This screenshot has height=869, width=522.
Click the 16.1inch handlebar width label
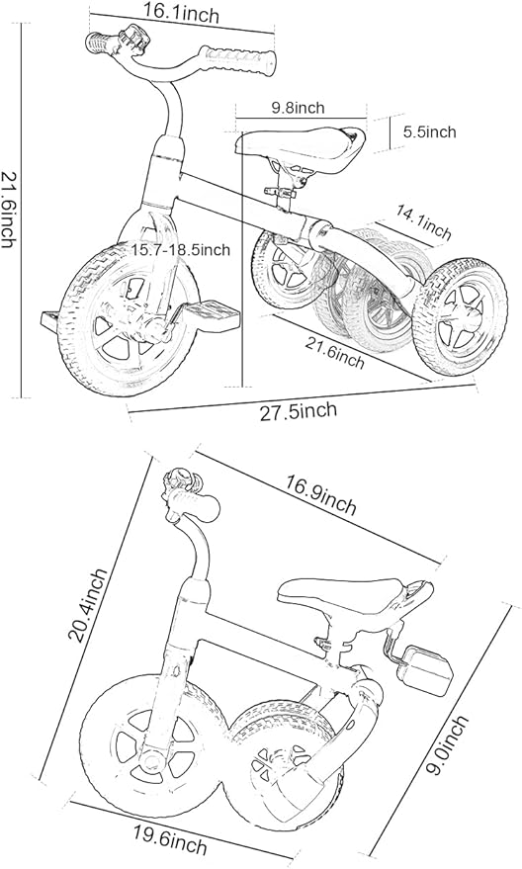(x=181, y=12)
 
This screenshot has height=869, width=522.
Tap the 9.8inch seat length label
(x=298, y=108)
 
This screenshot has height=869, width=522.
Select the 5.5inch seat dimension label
(x=429, y=131)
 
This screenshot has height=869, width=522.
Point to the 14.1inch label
(x=423, y=221)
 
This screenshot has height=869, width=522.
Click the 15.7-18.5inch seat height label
(x=181, y=250)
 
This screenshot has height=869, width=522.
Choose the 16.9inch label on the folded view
(x=321, y=494)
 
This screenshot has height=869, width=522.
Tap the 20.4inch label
(x=88, y=605)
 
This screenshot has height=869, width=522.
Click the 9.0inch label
(x=450, y=744)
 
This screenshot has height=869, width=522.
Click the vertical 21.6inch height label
(x=9, y=209)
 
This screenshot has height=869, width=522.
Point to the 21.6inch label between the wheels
(x=335, y=353)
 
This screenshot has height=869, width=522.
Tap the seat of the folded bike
(x=355, y=598)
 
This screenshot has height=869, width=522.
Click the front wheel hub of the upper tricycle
(x=149, y=331)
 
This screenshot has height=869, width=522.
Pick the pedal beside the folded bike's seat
(x=428, y=669)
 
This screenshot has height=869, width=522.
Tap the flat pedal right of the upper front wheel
(x=204, y=313)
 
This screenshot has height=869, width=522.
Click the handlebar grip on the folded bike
(x=196, y=505)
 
